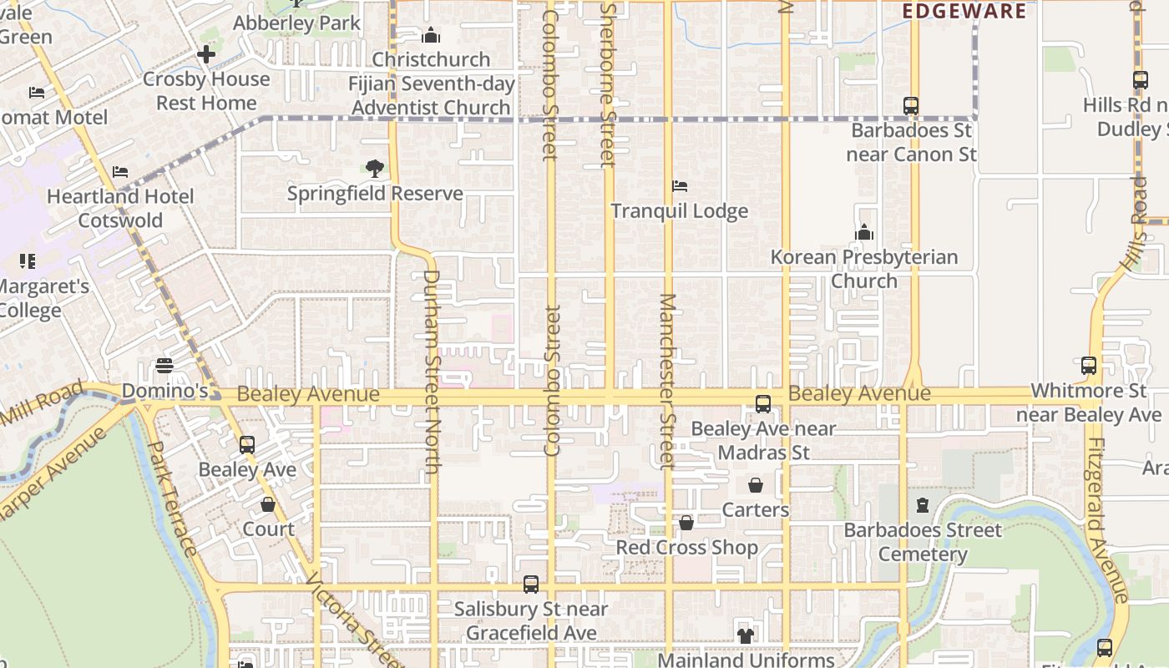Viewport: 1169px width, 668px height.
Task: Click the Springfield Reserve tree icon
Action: tap(375, 169)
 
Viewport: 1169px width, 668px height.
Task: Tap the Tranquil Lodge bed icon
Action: tap(680, 186)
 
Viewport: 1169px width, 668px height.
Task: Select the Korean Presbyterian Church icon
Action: tap(864, 232)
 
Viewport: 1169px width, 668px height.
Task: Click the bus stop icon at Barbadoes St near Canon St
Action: tap(911, 106)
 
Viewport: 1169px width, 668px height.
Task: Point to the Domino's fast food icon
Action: tap(164, 366)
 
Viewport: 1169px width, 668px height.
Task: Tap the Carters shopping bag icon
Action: tap(756, 485)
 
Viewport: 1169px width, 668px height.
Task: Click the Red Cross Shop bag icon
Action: tap(686, 523)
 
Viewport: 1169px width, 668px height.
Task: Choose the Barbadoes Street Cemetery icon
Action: tap(923, 505)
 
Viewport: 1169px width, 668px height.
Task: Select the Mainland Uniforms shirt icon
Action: tap(746, 635)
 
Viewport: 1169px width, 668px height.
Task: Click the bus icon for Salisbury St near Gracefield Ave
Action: tap(531, 584)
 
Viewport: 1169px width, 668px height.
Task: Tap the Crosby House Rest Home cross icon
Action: tap(206, 55)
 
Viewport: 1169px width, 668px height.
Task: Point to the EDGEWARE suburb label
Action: tap(964, 11)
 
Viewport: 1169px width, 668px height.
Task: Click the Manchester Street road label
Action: tap(667, 380)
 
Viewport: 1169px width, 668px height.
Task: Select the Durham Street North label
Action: tap(432, 372)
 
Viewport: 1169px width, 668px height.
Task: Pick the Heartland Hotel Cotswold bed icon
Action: tap(120, 172)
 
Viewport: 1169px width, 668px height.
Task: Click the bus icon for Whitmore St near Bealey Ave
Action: tap(1089, 366)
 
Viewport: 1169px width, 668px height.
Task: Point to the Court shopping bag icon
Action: tap(268, 504)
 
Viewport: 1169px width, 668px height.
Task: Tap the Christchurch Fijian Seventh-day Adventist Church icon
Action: tap(431, 35)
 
